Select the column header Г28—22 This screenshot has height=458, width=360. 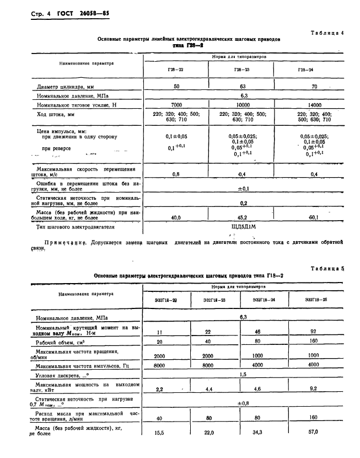coord(176,70)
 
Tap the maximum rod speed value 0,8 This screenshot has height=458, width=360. coord(176,174)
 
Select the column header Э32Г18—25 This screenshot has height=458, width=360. coord(316,300)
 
